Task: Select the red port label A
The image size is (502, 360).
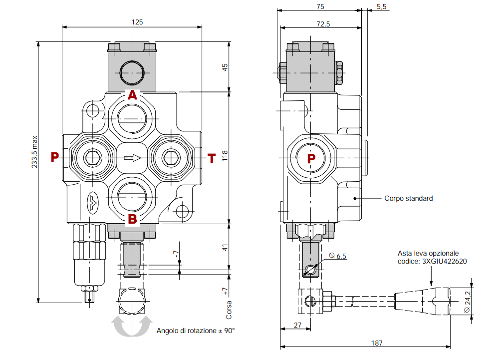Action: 132,95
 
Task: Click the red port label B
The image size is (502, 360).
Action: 132,219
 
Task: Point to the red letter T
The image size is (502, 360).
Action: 212,159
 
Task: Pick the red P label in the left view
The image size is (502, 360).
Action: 55,158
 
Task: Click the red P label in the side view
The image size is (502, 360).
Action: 311,159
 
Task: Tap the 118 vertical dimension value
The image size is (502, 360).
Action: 225,157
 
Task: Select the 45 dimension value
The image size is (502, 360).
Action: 225,67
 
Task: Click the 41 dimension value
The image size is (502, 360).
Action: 225,247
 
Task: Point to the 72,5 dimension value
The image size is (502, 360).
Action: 323,24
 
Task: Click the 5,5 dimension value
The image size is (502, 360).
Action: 382,6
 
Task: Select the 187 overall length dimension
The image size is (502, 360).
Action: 377,343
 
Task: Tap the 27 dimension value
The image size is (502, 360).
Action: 297,326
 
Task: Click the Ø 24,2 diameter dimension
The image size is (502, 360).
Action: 468,302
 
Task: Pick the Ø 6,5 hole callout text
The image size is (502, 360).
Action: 339,256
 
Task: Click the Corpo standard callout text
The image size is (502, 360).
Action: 408,198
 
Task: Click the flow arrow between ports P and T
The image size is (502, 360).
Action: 132,158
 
